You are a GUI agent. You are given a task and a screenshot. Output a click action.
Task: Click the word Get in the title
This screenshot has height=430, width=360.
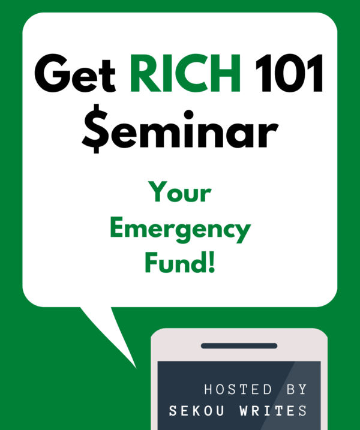(75, 73)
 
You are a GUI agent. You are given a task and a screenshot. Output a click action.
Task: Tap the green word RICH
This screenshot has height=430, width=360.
(185, 73)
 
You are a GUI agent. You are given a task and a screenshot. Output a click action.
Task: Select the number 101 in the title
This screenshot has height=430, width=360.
(289, 73)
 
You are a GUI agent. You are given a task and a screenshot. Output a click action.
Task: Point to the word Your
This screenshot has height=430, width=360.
(180, 192)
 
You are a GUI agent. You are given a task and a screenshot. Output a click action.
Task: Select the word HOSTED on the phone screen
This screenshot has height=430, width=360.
(238, 389)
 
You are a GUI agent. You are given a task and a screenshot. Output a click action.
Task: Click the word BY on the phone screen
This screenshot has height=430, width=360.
(296, 389)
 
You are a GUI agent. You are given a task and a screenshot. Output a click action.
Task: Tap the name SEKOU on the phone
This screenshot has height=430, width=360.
(196, 411)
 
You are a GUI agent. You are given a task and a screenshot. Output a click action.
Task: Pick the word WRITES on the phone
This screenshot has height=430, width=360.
(273, 411)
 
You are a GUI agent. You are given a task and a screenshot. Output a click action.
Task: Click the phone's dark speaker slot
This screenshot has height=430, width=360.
(239, 346)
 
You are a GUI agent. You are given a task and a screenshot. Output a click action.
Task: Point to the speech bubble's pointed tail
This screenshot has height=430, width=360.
(136, 368)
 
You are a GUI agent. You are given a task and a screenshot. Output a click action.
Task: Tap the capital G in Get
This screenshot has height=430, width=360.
(52, 73)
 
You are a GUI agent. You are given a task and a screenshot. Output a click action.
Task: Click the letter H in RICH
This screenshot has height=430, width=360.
(226, 73)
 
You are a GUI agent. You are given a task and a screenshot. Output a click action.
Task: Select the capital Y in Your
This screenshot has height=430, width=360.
(158, 192)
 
